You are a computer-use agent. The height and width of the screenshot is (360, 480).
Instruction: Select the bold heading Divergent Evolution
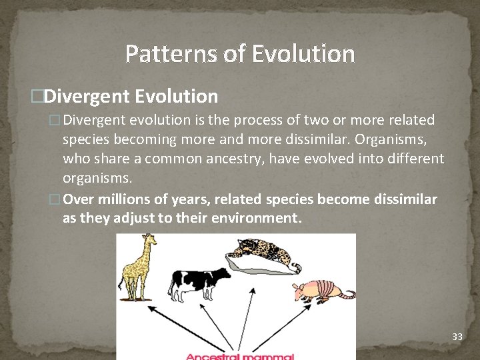[131, 97]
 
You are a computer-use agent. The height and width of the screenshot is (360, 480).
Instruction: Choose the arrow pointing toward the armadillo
[280, 327]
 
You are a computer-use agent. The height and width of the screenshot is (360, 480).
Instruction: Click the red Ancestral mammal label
[239, 357]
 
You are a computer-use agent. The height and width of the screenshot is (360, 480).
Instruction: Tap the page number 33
[457, 337]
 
